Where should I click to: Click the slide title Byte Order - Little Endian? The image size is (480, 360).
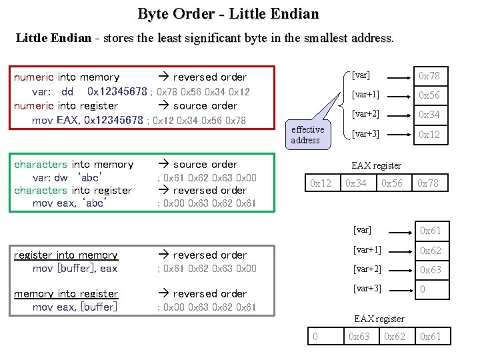[x=228, y=13]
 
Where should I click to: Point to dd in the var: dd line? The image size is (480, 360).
[x=67, y=91]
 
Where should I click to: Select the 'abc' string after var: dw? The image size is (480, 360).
[x=89, y=178]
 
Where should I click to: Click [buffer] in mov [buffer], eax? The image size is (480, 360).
[x=77, y=269]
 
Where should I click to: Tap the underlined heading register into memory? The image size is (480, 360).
[x=66, y=255]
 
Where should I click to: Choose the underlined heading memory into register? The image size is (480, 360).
[x=66, y=293]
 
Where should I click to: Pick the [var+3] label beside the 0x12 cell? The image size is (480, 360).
[x=366, y=134]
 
